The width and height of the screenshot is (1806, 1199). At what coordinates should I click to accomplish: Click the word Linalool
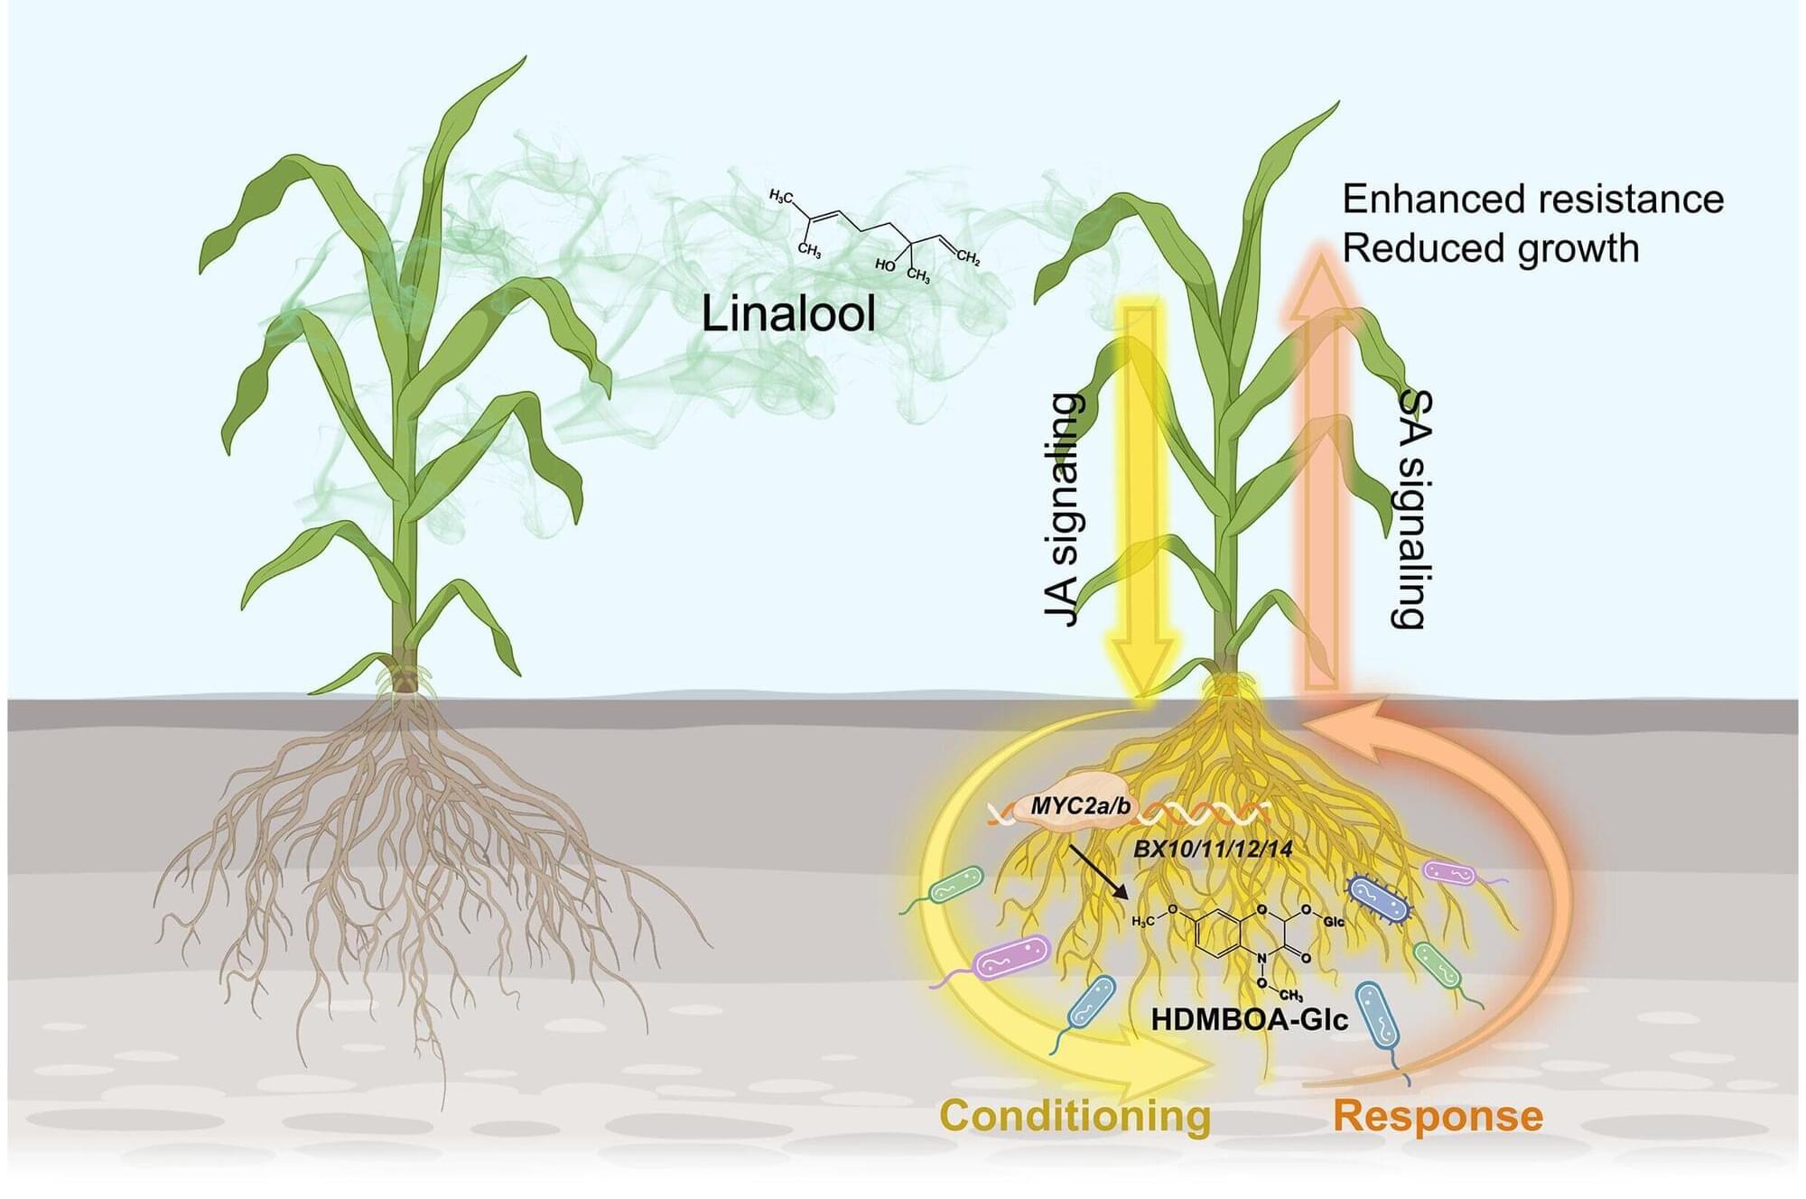788,315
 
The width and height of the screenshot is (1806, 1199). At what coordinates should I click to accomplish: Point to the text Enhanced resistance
1532,199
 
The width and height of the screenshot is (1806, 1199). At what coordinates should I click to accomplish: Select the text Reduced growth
1490,247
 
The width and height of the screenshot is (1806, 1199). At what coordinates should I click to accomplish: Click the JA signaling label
1062,509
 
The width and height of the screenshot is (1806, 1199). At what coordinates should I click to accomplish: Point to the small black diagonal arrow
1098,871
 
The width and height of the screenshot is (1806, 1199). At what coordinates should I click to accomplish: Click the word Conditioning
1075,1115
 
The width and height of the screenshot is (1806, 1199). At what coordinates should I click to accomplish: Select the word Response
1438,1116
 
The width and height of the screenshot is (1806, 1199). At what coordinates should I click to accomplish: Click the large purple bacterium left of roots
1013,956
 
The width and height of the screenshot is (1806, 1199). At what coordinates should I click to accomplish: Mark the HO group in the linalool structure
884,265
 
